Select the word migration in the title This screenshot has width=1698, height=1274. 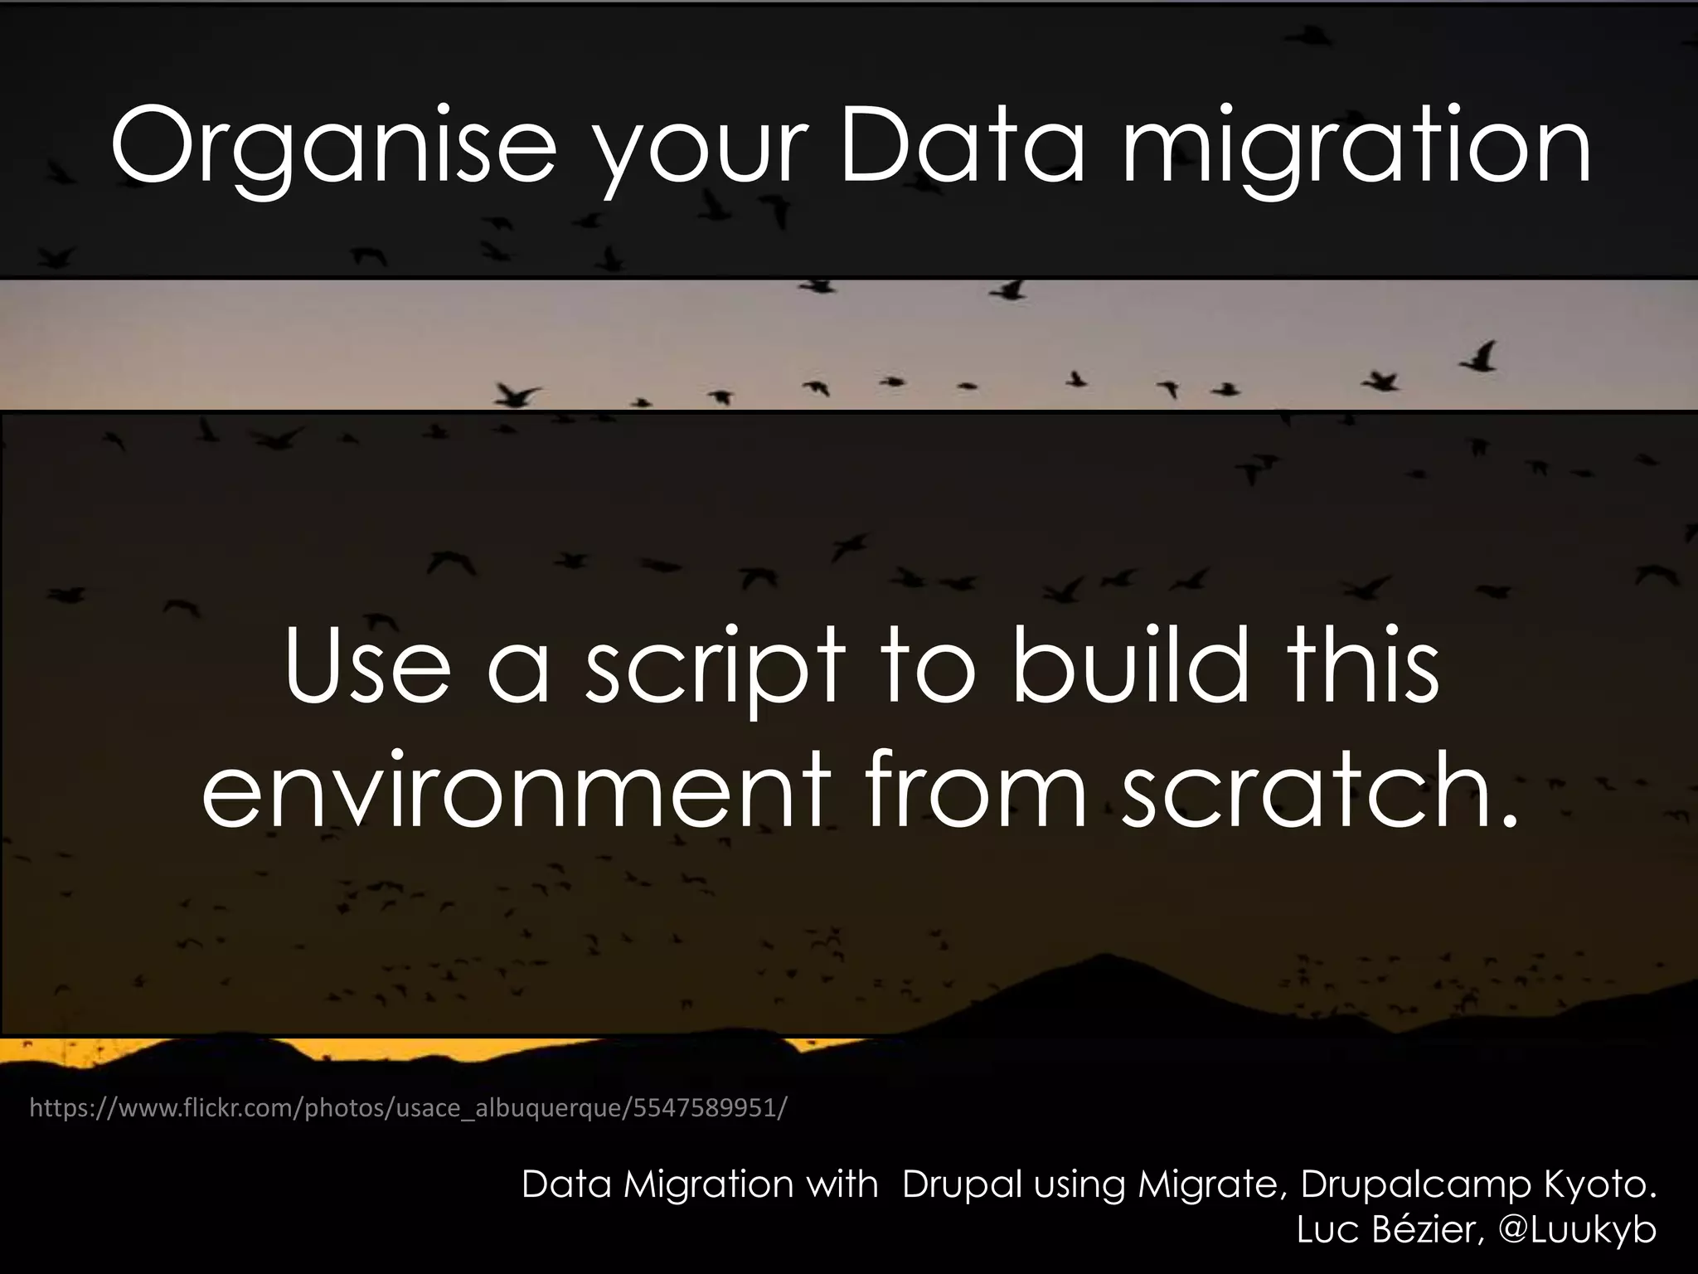click(1356, 149)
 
